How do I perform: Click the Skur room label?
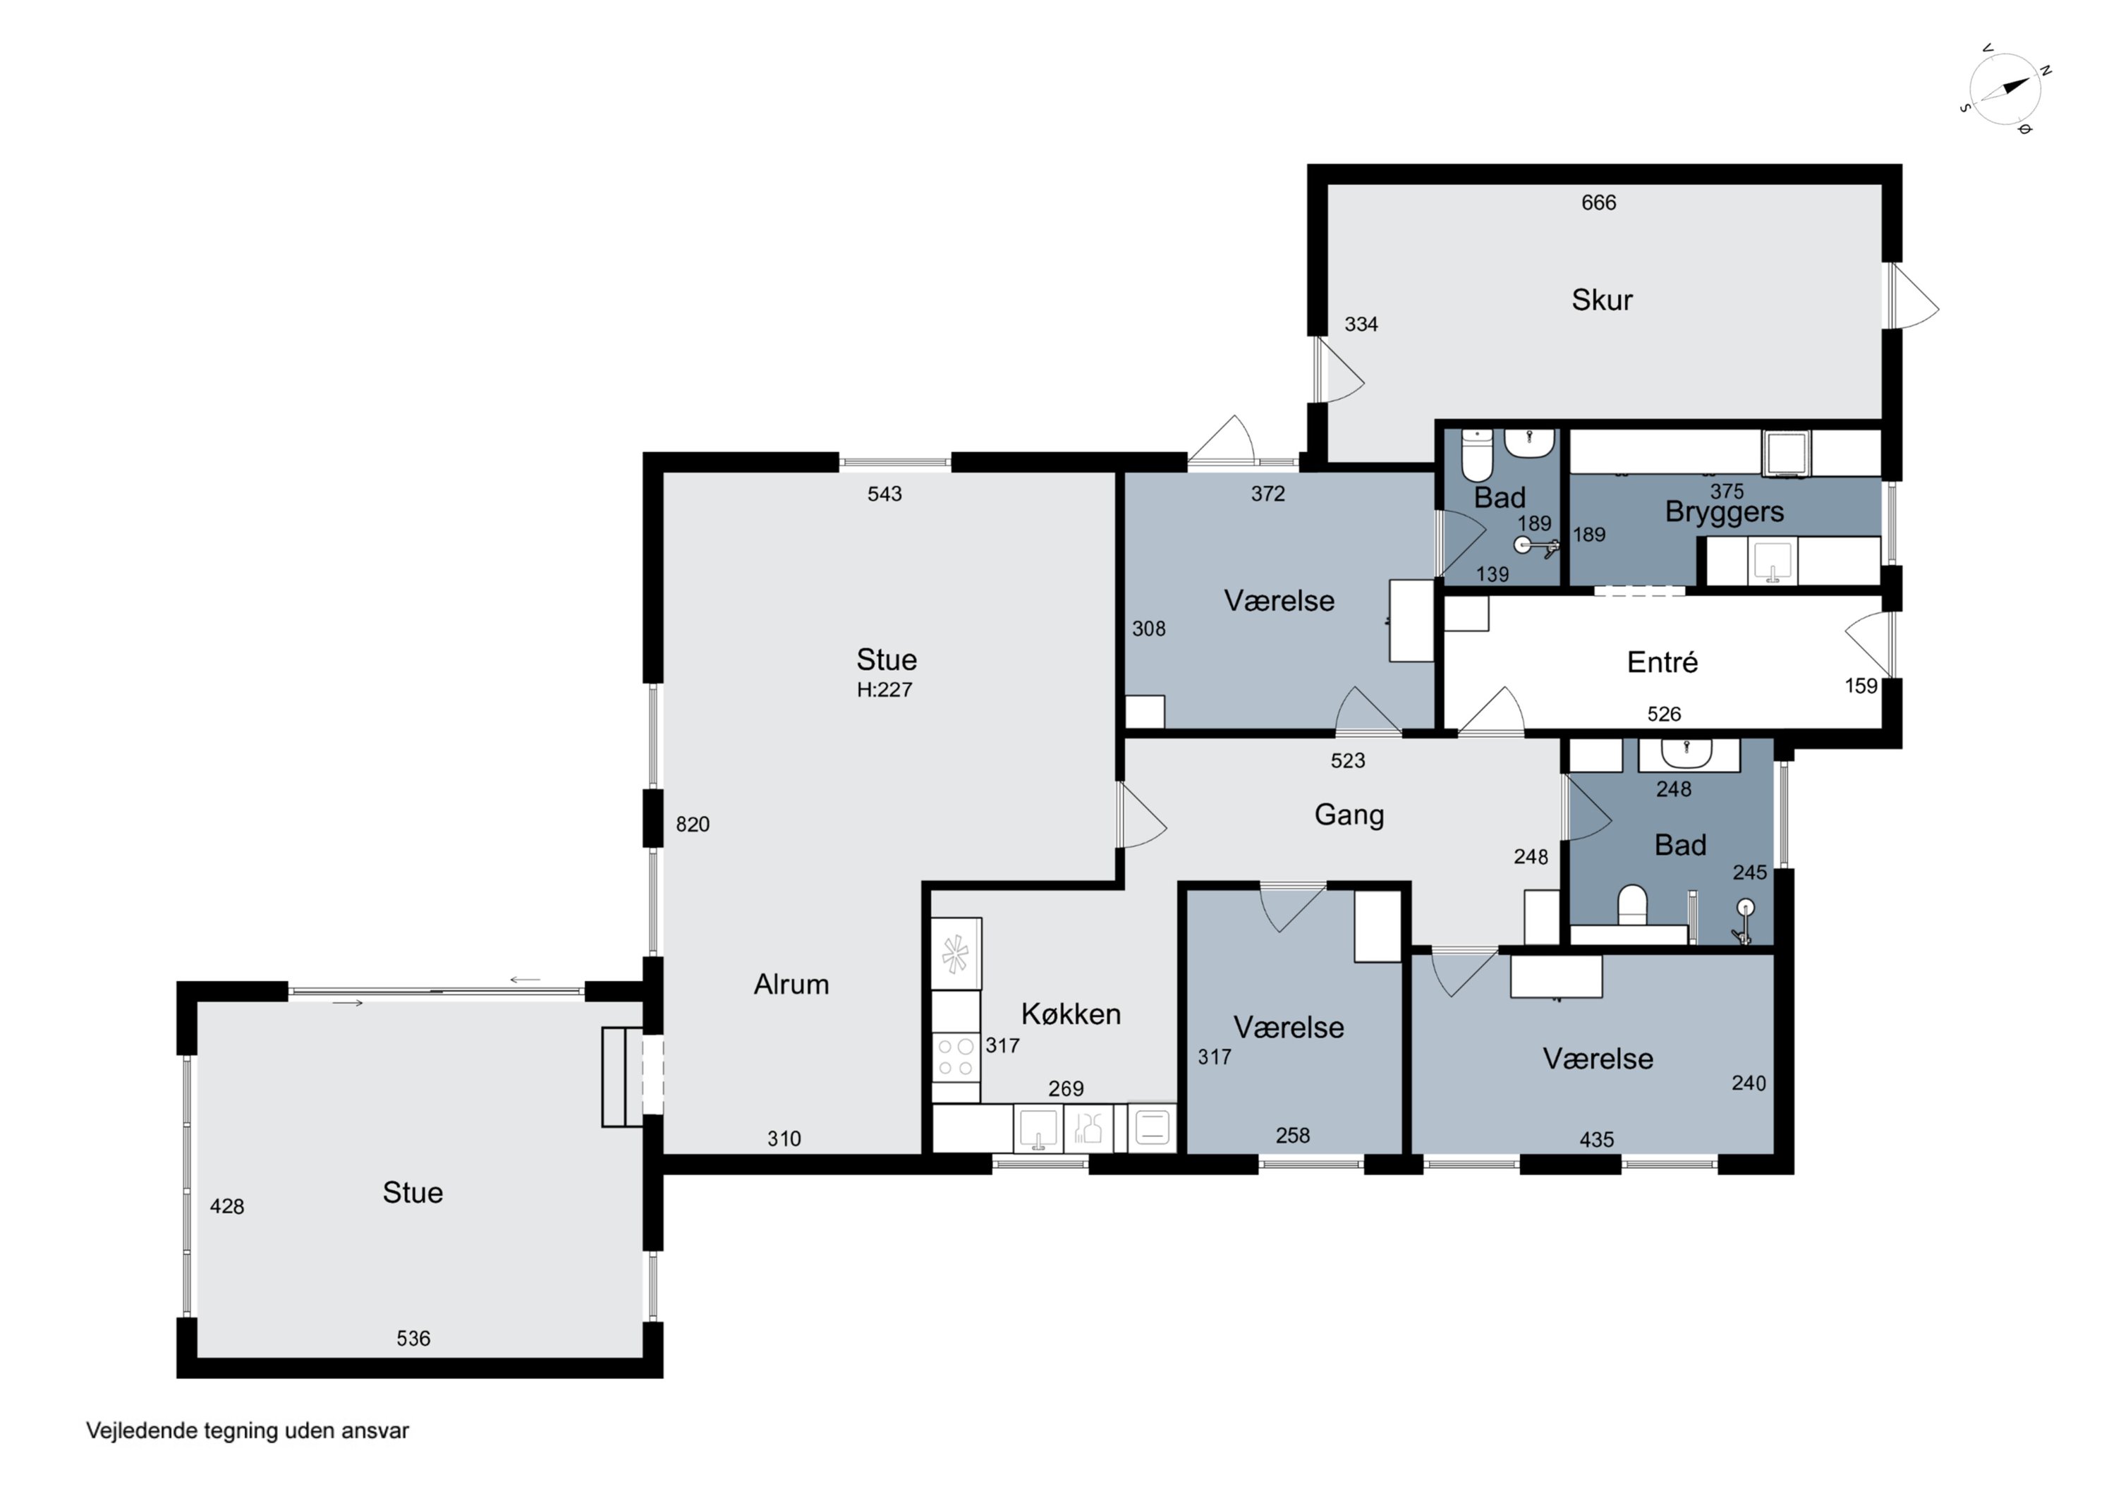pos(1602,300)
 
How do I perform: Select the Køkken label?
pos(1071,1014)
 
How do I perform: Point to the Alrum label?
pos(791,985)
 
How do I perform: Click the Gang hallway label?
pos(1349,815)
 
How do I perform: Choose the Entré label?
pos(1662,662)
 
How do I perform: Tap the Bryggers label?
pos(1723,511)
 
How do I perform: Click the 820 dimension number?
pos(692,824)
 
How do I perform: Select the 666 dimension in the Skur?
pos(1598,203)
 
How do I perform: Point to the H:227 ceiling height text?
pos(884,690)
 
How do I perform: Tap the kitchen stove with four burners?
pos(956,1057)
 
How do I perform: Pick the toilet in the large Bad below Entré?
pos(1632,905)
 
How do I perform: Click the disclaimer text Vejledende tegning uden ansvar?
pos(247,1430)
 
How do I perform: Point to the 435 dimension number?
pos(1596,1141)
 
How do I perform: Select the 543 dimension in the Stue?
pos(884,494)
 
